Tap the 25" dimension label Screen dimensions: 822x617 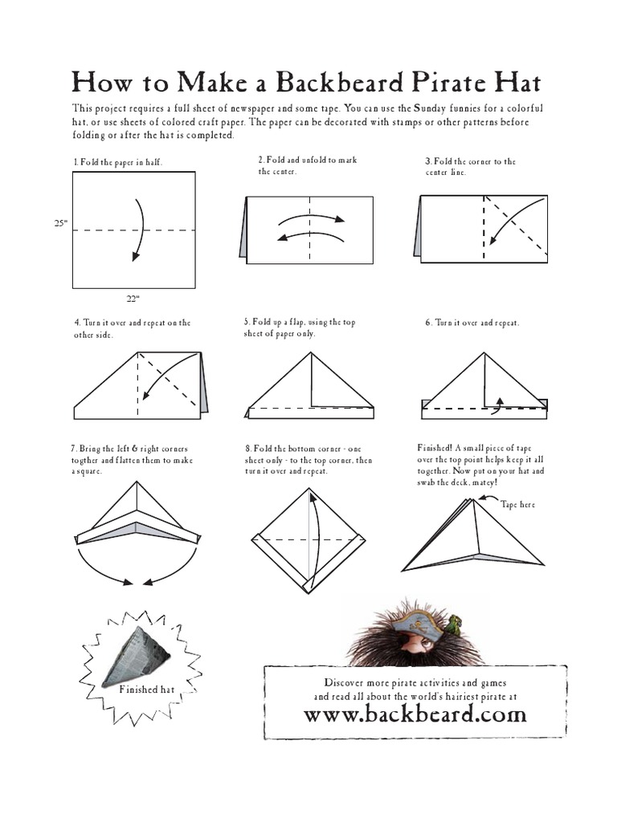[x=59, y=225]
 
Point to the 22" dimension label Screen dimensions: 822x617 [x=133, y=299]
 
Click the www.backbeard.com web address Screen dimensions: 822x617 [x=415, y=714]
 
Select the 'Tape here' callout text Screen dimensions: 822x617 [x=517, y=505]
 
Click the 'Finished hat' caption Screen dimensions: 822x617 [x=146, y=690]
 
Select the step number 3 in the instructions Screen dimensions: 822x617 [x=427, y=162]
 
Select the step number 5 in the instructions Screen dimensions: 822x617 [x=247, y=322]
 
